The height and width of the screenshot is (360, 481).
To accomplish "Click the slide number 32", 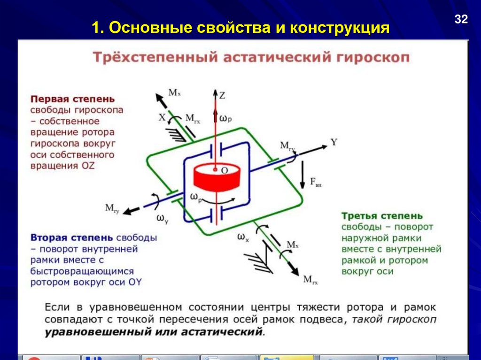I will [461, 19].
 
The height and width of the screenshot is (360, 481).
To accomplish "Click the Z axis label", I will [222, 96].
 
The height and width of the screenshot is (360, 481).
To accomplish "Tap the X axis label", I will [162, 118].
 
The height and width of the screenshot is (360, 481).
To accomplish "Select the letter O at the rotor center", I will [225, 171].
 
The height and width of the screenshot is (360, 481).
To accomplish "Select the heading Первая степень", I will [73, 100].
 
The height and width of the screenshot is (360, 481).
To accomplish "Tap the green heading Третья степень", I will [381, 216].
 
